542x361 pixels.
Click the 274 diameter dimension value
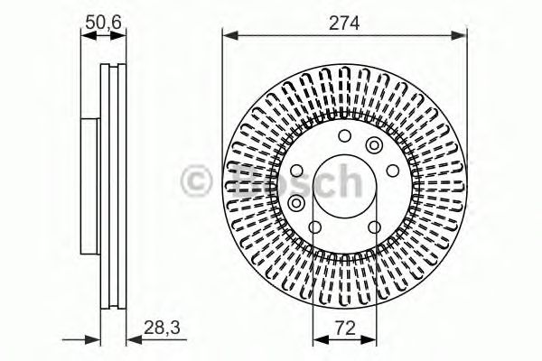coord(344,23)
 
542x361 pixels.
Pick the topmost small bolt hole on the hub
coord(344,136)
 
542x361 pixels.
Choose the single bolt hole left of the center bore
coord(297,171)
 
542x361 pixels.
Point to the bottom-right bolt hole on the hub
coord(374,226)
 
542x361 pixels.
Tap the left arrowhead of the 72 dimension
coord(317,340)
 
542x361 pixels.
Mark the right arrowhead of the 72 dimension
coord(371,340)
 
